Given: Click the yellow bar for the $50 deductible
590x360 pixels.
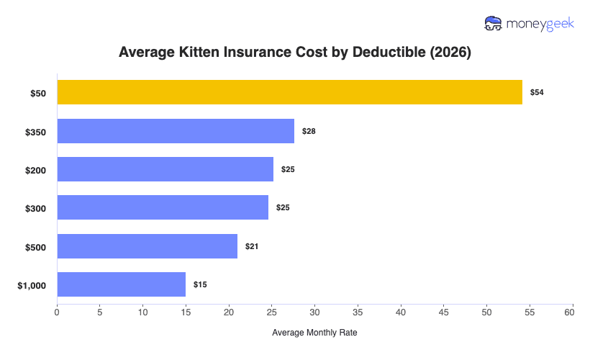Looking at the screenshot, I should pyautogui.click(x=289, y=92).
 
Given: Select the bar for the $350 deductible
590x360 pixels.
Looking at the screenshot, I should pyautogui.click(x=176, y=131).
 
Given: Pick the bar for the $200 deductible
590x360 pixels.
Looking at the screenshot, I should pyautogui.click(x=165, y=169).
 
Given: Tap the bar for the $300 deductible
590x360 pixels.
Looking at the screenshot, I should pyautogui.click(x=163, y=207).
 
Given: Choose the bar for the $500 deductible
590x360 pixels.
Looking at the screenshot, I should pyautogui.click(x=147, y=246).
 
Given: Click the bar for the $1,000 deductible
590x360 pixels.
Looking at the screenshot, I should pyautogui.click(x=121, y=284).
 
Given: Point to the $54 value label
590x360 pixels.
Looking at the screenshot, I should pyautogui.click(x=537, y=93).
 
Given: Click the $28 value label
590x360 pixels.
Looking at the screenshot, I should pyautogui.click(x=309, y=131).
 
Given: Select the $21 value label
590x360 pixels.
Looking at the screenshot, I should pyautogui.click(x=252, y=246).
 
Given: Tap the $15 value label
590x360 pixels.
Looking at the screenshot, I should pyautogui.click(x=200, y=285).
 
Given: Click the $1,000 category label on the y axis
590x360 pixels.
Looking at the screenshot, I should pyautogui.click(x=32, y=285).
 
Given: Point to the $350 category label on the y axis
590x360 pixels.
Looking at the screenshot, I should pyautogui.click(x=35, y=131).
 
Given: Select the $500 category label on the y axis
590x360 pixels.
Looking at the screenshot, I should pyautogui.click(x=35, y=247).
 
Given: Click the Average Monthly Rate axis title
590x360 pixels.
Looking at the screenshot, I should pyautogui.click(x=314, y=333).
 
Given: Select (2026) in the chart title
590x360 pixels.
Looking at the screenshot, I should pyautogui.click(x=447, y=53).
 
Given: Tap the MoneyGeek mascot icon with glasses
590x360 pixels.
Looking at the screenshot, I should pyautogui.click(x=494, y=23).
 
